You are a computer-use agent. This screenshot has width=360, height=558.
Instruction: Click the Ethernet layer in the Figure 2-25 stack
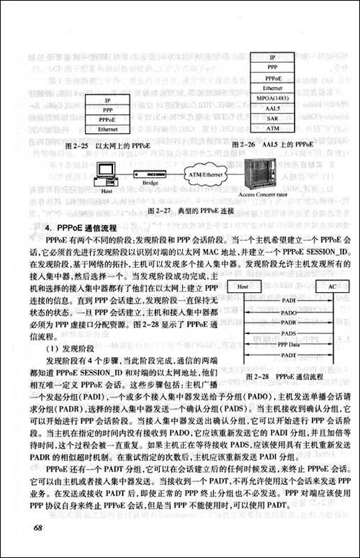click(107, 130)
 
